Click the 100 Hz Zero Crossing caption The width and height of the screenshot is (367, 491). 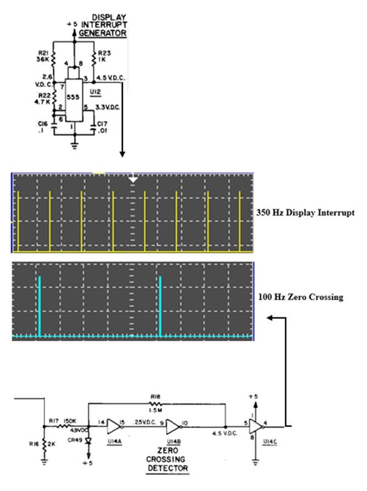301,297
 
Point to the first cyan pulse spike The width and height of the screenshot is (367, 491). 39,306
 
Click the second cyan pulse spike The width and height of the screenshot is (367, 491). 160,306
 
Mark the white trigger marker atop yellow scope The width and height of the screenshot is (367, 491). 132,179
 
